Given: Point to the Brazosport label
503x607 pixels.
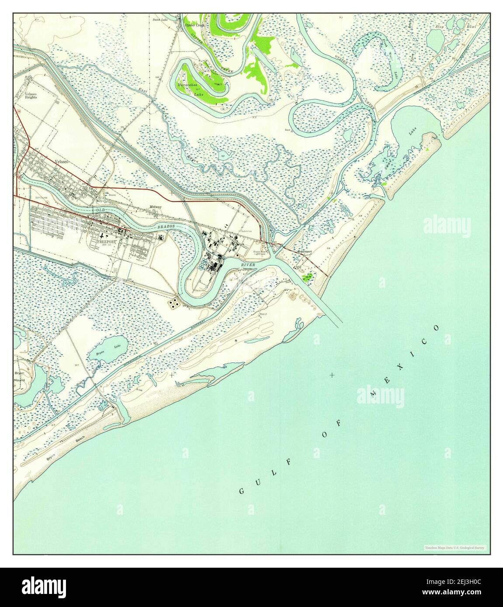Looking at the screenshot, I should [304, 252].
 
